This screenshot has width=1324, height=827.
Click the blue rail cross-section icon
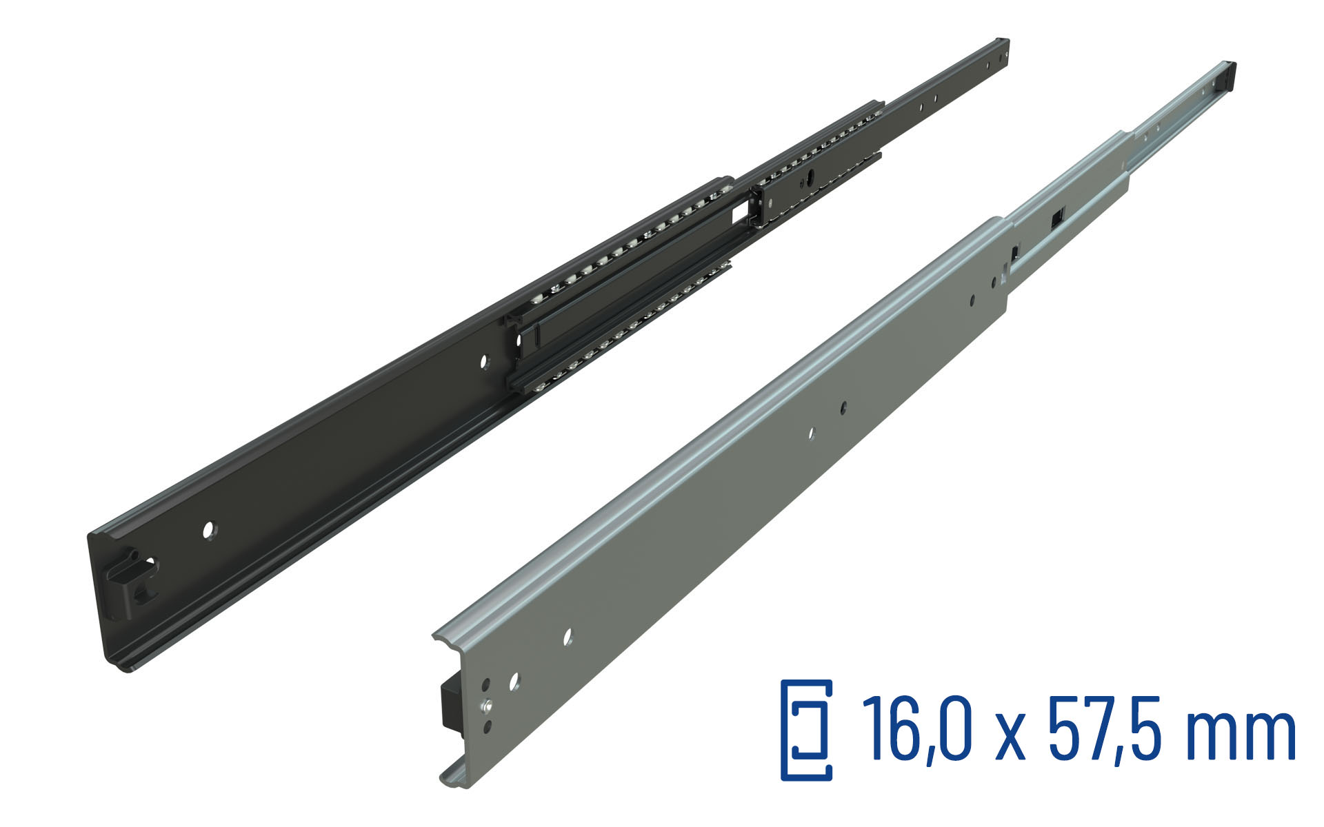(806, 730)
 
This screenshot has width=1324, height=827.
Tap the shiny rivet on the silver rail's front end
(488, 705)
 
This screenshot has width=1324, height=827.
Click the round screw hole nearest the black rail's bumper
(208, 529)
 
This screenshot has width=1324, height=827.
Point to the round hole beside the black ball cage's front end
(484, 360)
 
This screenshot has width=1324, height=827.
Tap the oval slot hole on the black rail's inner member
(812, 178)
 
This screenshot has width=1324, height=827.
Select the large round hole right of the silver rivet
(514, 682)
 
